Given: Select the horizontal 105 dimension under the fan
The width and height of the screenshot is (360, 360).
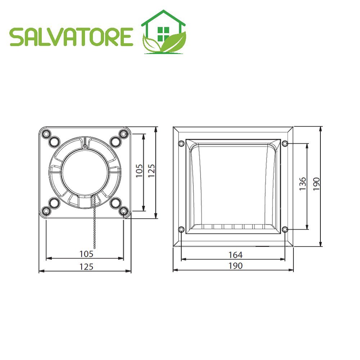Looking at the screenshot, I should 86,254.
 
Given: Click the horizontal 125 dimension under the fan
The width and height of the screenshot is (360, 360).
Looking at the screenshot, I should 86,266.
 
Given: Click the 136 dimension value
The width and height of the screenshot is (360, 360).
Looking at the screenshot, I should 302,184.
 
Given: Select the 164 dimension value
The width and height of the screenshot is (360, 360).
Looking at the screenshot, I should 235,255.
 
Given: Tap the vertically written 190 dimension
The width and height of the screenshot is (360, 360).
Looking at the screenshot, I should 316,184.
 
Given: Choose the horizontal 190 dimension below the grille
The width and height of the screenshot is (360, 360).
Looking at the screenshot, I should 235,266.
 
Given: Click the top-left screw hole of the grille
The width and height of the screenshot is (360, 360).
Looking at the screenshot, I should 181,144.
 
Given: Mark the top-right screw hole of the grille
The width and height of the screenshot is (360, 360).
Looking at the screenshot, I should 285,144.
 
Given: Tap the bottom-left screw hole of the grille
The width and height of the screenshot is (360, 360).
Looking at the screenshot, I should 181,229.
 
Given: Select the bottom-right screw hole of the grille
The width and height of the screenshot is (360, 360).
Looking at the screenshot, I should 285,229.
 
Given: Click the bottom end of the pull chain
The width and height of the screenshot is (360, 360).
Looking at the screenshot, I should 95,248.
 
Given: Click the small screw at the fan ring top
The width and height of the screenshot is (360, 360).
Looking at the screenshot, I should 84,147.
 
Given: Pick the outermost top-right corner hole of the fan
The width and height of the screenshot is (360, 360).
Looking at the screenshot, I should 124,134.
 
